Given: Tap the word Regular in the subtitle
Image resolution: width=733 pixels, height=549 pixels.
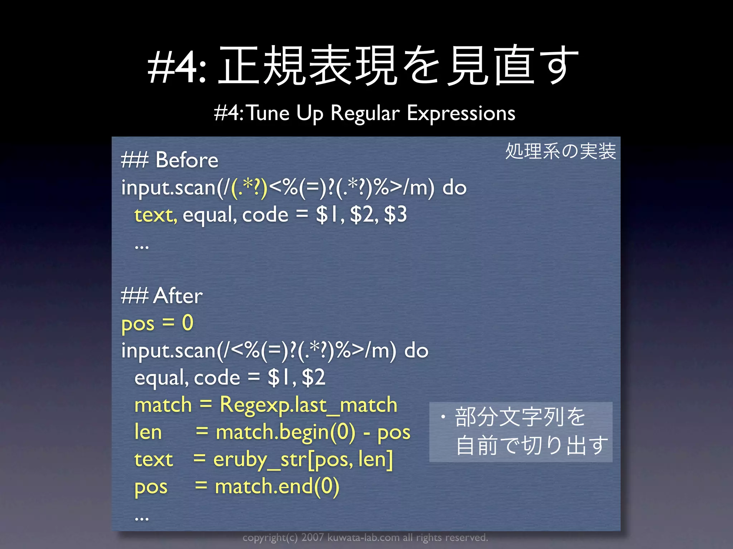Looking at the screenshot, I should point(365,113).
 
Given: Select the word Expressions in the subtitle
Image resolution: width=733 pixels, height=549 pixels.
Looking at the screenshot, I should point(461,113).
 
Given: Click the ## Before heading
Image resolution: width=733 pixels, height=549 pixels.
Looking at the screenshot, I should point(170,160).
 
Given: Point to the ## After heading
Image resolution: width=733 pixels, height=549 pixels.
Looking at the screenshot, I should point(162,296).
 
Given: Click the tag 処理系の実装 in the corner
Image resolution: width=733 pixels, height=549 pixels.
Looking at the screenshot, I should point(560,151).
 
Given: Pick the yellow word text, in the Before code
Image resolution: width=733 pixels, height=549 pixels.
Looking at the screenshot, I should point(156,215).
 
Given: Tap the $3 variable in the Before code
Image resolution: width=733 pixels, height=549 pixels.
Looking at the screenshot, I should point(395,214).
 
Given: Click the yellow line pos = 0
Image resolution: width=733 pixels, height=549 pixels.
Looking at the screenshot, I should point(157,323).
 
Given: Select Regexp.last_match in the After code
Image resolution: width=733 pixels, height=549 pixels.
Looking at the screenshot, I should point(309,405).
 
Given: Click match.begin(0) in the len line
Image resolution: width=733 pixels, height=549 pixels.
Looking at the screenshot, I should point(286,432).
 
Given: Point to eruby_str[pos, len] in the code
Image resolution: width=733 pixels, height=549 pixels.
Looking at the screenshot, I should point(303,460).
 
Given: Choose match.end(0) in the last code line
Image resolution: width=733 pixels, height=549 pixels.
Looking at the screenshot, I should point(277,487).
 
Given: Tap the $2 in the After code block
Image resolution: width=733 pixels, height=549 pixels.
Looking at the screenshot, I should point(314,377).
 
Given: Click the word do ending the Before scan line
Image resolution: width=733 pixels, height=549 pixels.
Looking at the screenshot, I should point(455,187).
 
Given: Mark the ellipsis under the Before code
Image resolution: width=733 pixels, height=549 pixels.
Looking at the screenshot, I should point(142,247).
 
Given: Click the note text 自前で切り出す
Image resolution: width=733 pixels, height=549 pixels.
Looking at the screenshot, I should point(532,445).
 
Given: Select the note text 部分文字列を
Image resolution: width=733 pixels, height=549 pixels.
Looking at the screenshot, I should point(520,417).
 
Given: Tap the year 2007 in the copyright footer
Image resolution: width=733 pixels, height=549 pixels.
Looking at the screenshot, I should point(312,538).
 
